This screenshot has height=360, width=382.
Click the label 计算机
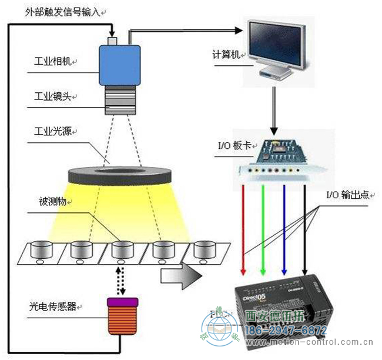point(226,54)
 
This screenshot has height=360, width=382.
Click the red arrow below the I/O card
point(244,229)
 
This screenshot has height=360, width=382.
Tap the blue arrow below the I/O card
point(284,229)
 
